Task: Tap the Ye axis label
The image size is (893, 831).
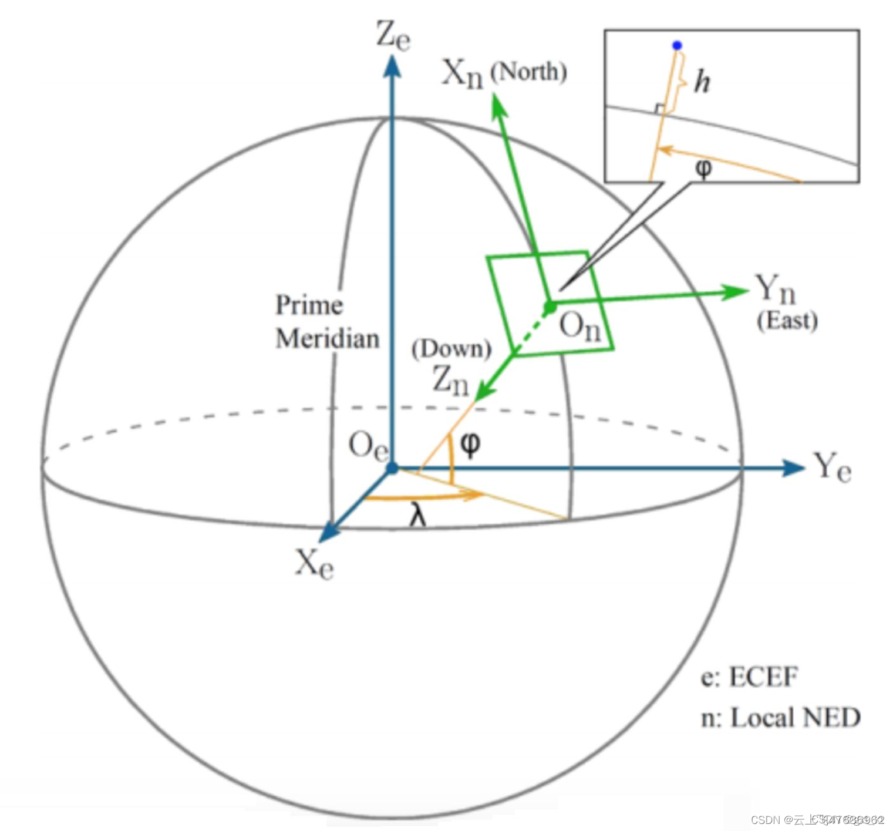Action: point(832,468)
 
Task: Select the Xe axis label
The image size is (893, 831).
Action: point(314,564)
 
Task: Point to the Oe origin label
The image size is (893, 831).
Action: point(368,446)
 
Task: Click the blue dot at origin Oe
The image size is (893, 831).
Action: point(392,468)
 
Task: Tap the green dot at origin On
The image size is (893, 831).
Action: point(550,307)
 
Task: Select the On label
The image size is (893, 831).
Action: point(579,327)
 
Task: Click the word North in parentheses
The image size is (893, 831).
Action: point(528,72)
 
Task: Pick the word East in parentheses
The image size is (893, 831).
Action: point(787,321)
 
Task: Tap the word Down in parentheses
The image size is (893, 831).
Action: point(451,349)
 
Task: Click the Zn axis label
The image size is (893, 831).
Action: point(450,380)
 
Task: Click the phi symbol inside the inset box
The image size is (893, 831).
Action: point(703,169)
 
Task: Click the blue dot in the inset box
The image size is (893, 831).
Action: point(677,45)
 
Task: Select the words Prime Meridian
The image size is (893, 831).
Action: point(327,322)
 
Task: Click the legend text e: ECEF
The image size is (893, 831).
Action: point(749,677)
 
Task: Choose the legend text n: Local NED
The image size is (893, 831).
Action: point(780,718)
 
